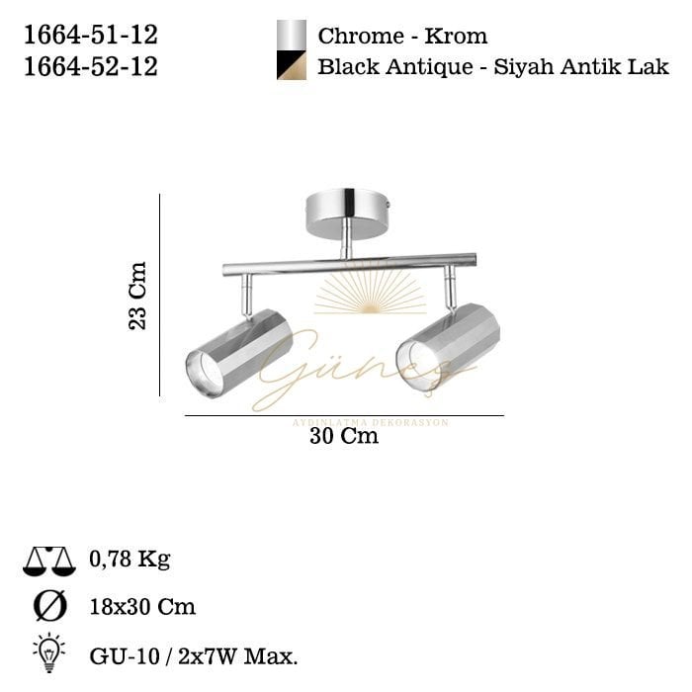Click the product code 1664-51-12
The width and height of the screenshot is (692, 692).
(89, 36)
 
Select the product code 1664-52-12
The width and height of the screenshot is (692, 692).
(89, 66)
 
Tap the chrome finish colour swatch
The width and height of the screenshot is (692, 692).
(291, 35)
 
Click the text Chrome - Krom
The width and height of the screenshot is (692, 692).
(402, 37)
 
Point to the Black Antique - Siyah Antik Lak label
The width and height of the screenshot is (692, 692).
(493, 67)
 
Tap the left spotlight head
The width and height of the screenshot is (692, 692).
(240, 352)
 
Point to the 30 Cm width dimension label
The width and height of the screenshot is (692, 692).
(344, 436)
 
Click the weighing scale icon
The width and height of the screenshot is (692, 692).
(48, 562)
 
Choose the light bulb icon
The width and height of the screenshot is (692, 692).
(48, 651)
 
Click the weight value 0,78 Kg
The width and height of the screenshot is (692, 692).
(130, 560)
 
